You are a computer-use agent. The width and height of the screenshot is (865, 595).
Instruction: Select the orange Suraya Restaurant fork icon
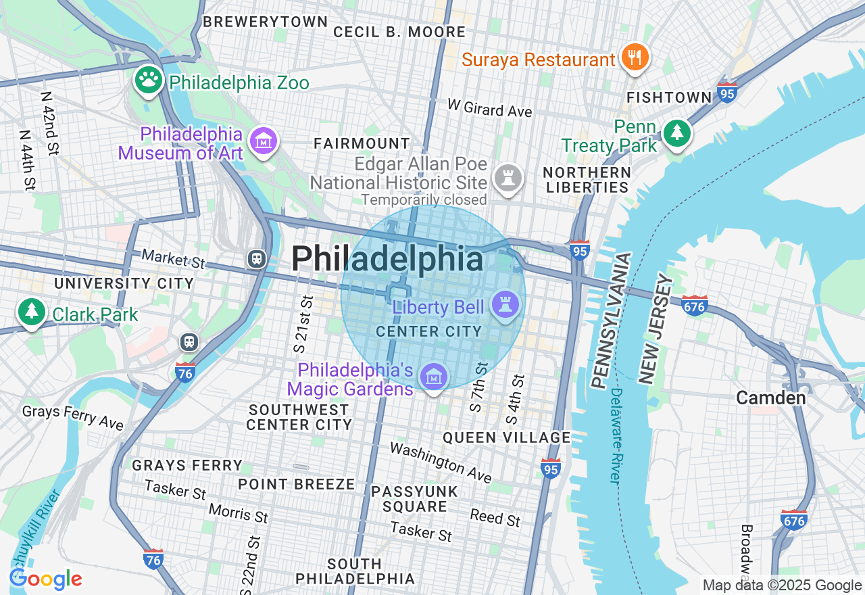(x=634, y=58)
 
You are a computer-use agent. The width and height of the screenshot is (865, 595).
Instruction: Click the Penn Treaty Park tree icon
(x=676, y=133)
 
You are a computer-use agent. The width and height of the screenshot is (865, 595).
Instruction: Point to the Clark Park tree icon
(x=31, y=312)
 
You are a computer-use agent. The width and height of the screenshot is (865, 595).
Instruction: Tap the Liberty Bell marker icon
(x=505, y=304)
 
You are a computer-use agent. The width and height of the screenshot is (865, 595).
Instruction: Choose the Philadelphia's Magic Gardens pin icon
(x=433, y=377)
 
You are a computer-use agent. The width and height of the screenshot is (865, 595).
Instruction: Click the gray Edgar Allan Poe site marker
(x=508, y=178)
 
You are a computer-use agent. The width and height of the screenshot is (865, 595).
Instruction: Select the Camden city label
(x=770, y=398)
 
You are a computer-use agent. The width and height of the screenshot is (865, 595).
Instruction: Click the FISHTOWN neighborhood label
(x=669, y=97)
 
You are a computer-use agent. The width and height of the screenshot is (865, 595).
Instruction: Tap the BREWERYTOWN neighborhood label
(x=266, y=22)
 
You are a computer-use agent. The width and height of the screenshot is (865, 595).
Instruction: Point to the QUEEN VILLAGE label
(x=507, y=437)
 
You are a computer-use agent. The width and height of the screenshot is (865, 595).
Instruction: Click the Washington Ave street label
(x=441, y=462)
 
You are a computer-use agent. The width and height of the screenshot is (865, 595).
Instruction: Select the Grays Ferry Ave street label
(x=73, y=417)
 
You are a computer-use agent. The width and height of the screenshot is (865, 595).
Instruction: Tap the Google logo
(x=46, y=579)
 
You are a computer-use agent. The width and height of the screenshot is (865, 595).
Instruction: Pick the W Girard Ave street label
(x=490, y=108)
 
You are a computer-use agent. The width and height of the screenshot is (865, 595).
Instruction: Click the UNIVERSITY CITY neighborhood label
(x=124, y=283)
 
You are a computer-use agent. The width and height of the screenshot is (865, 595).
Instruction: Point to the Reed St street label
(x=495, y=517)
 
